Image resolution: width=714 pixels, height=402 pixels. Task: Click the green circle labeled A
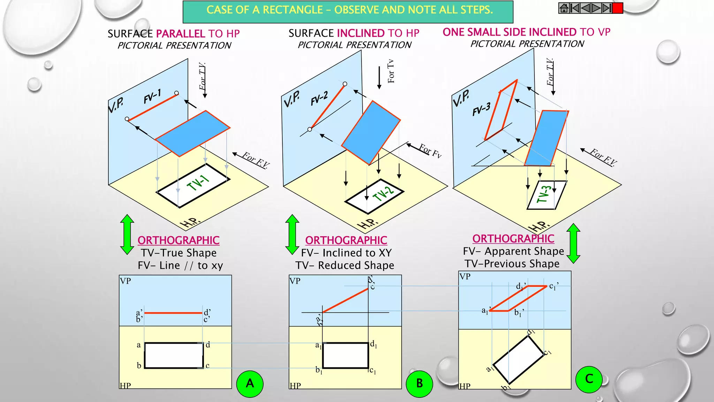click(x=250, y=384)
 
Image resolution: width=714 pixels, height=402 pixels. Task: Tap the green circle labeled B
click(x=419, y=384)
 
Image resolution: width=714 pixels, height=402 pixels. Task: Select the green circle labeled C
click(x=589, y=379)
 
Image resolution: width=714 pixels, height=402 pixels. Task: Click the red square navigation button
click(x=617, y=8)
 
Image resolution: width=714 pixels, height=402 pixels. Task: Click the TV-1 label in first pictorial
click(x=198, y=183)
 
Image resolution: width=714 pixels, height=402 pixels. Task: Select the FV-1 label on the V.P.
click(x=152, y=96)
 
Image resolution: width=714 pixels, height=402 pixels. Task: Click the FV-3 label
click(x=481, y=109)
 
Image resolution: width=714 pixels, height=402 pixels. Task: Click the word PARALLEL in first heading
click(x=180, y=34)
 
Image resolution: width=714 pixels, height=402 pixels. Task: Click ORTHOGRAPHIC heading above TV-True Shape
click(x=178, y=240)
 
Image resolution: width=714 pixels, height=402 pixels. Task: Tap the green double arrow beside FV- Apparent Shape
click(x=573, y=243)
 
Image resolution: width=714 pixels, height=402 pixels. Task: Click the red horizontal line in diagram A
click(x=173, y=313)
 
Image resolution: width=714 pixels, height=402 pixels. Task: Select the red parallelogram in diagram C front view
click(x=518, y=298)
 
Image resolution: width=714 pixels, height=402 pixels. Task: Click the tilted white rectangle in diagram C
click(x=518, y=359)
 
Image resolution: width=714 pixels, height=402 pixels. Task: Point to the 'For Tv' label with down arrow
click(x=390, y=72)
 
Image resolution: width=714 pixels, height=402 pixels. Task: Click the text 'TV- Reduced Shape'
click(x=345, y=266)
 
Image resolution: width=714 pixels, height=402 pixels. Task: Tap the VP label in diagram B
click(x=295, y=281)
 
